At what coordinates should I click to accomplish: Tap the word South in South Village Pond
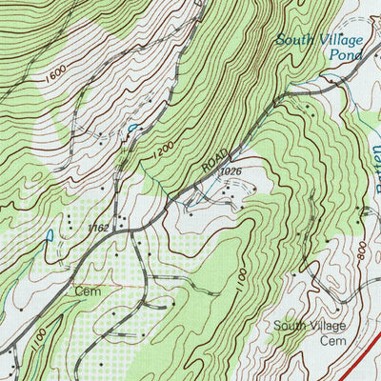pos(294,40)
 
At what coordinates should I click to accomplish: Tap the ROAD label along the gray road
pos(215,161)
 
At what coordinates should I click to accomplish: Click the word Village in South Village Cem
pos(328,326)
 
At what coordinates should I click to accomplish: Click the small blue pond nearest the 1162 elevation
pos(48,233)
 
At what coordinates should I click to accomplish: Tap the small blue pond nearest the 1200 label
pos(131,127)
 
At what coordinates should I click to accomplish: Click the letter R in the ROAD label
pos(206,169)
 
